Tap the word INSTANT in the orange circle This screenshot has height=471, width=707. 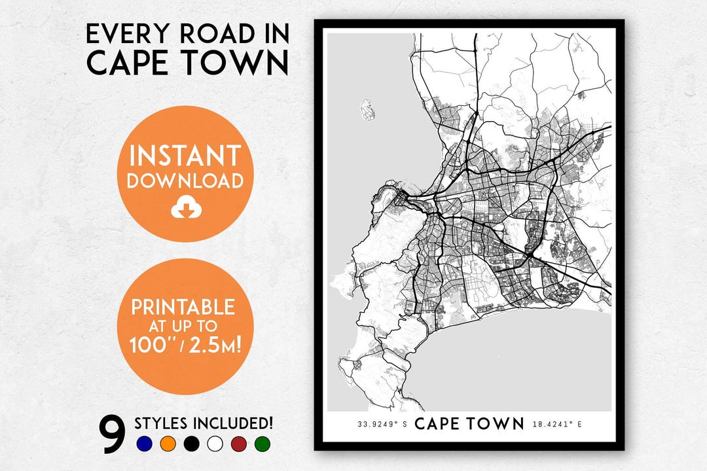(x=185, y=156)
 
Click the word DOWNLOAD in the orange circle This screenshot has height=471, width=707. (x=185, y=181)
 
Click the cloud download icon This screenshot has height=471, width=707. (x=185, y=208)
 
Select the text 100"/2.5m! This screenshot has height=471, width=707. (x=184, y=345)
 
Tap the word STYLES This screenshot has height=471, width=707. (x=162, y=423)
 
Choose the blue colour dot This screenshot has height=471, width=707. (x=145, y=444)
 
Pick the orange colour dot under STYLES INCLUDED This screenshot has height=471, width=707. (x=168, y=444)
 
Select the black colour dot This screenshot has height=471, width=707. (x=192, y=444)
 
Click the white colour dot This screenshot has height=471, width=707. (x=215, y=444)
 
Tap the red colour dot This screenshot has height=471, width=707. (x=239, y=444)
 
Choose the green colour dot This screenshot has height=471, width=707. (x=263, y=444)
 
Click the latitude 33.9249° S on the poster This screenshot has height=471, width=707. (x=382, y=424)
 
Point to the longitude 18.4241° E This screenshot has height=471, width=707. (x=558, y=424)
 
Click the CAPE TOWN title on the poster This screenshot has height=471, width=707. (x=469, y=423)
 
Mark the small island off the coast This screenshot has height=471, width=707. (x=367, y=109)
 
